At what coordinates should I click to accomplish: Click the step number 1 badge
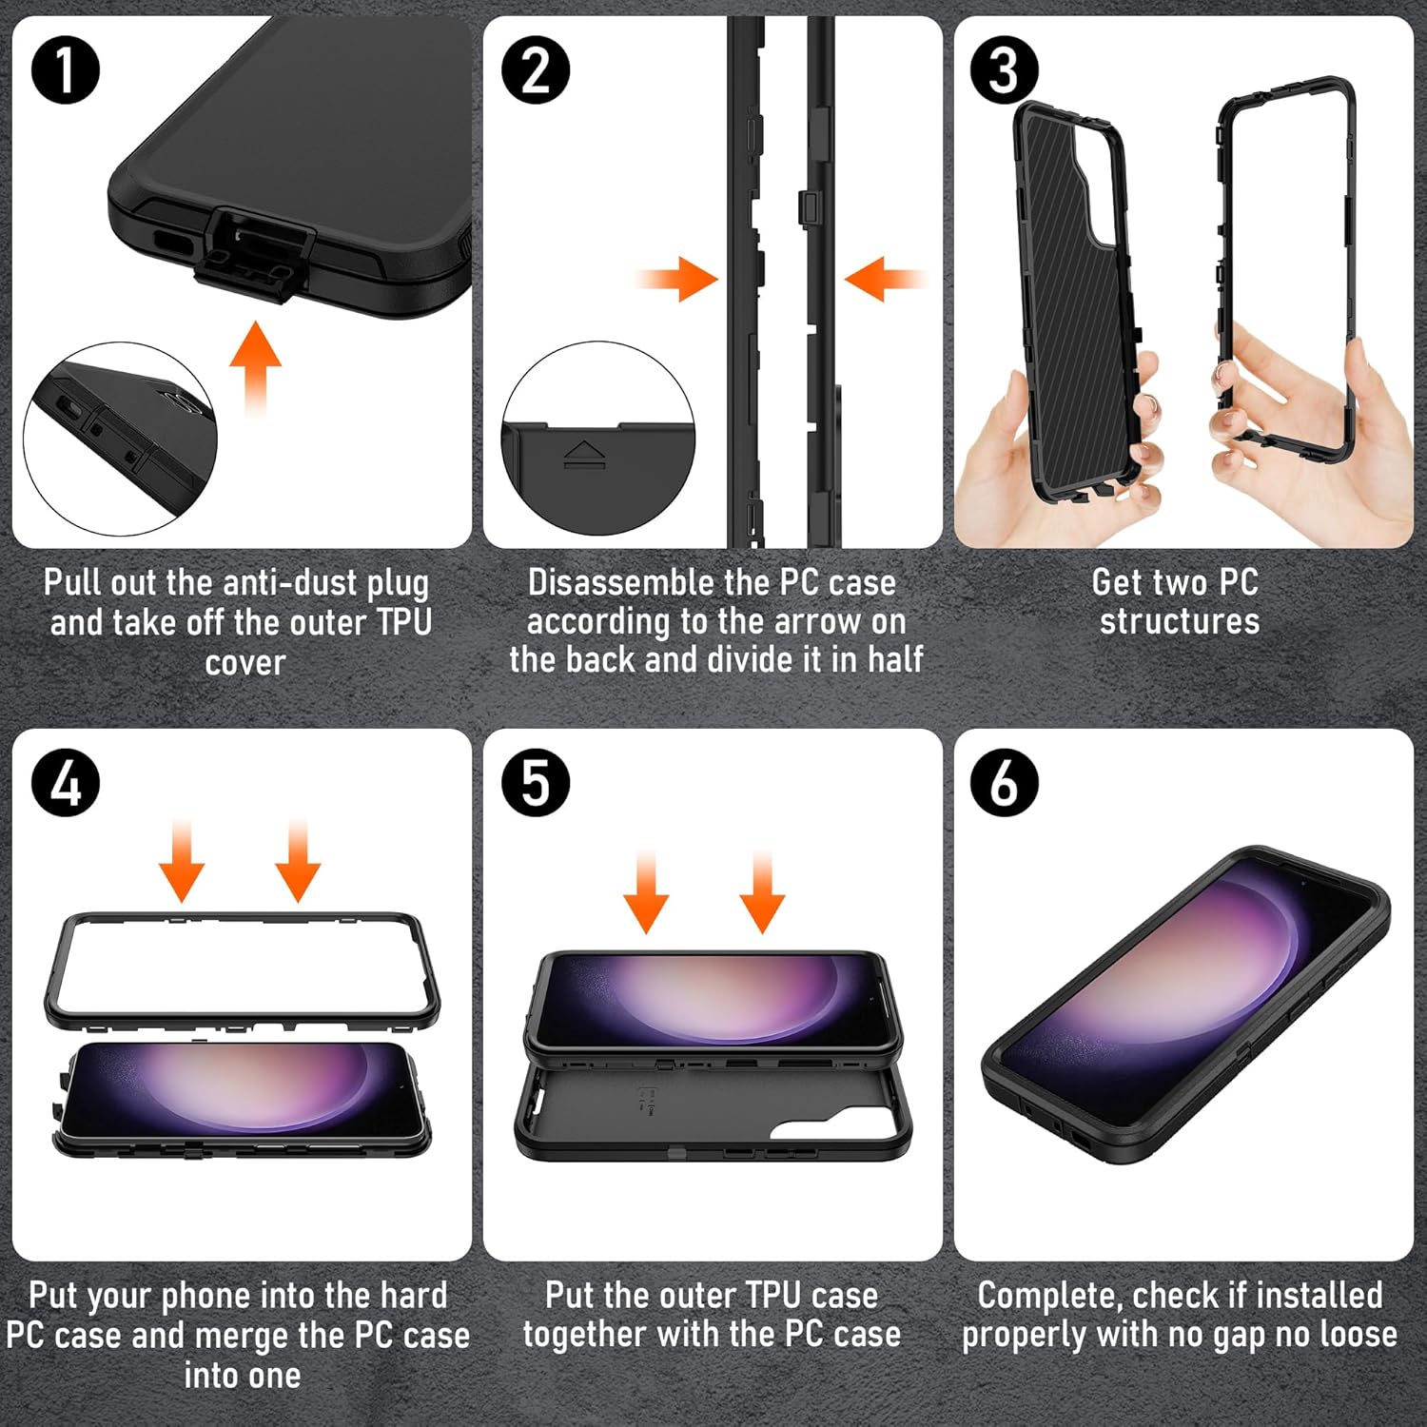[66, 70]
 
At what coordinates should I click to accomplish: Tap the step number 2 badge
[536, 70]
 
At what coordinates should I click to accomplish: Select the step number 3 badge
[1005, 70]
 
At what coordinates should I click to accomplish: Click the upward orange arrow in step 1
[255, 366]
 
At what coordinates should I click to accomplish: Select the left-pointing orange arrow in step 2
[883, 279]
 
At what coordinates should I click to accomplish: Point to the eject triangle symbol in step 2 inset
[583, 453]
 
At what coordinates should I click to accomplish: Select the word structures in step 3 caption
[1180, 621]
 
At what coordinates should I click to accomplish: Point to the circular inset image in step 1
[120, 433]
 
